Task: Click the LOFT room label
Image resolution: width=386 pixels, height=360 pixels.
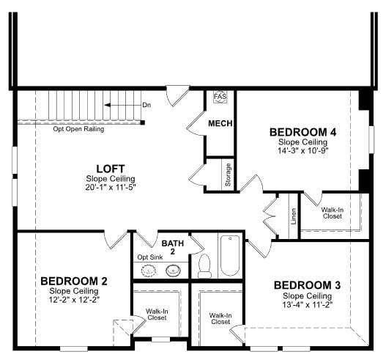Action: pyautogui.click(x=111, y=169)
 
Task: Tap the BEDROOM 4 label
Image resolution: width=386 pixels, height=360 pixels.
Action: pyautogui.click(x=303, y=132)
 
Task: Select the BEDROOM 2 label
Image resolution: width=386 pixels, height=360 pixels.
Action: pyautogui.click(x=74, y=281)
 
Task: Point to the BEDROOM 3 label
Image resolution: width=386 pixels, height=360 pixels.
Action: pyautogui.click(x=307, y=285)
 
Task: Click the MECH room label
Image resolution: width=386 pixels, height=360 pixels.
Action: pyautogui.click(x=220, y=123)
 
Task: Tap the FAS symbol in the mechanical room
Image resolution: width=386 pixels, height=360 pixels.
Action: pyautogui.click(x=220, y=96)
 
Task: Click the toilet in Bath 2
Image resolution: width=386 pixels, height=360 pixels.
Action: pyautogui.click(x=204, y=266)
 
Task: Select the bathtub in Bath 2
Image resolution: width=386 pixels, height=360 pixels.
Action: pyautogui.click(x=230, y=256)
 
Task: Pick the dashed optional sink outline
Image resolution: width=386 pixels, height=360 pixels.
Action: pyautogui.click(x=148, y=271)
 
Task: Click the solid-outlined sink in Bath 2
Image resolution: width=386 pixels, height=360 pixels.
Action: pyautogui.click(x=174, y=271)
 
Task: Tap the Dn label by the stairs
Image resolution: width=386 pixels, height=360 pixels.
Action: pyautogui.click(x=146, y=106)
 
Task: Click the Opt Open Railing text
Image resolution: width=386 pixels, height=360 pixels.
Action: pyautogui.click(x=78, y=129)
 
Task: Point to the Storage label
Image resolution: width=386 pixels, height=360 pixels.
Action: pyautogui.click(x=228, y=175)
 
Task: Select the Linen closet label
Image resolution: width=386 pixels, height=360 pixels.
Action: pyautogui.click(x=293, y=216)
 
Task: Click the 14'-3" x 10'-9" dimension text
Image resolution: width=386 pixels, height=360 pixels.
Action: pyautogui.click(x=303, y=150)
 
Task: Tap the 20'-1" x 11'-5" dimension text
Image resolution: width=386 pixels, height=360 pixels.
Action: pyautogui.click(x=111, y=188)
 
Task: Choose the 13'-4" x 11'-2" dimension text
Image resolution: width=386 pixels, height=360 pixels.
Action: pyautogui.click(x=308, y=305)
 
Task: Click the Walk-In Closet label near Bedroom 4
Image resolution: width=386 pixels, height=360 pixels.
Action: pyautogui.click(x=333, y=213)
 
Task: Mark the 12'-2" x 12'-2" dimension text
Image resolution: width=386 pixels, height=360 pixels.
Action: pyautogui.click(x=74, y=300)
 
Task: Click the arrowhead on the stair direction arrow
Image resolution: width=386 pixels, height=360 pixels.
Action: pyautogui.click(x=107, y=106)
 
